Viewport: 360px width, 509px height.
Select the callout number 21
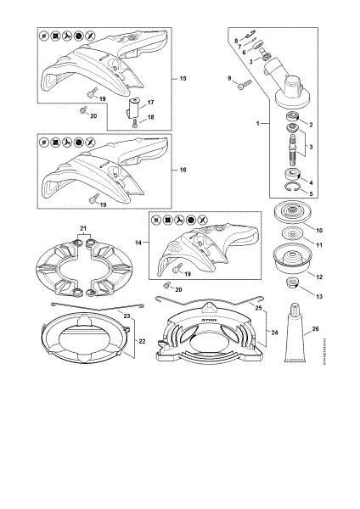click(x=83, y=228)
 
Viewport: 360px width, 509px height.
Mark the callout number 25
click(x=258, y=321)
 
